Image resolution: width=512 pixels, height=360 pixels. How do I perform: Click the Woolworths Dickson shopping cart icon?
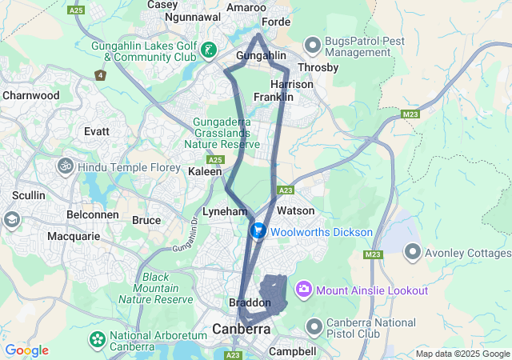(x=258, y=231)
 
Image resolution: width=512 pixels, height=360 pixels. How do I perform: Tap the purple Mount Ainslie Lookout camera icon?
(x=304, y=289)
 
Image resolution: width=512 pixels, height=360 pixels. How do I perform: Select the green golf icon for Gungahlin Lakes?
(x=209, y=50)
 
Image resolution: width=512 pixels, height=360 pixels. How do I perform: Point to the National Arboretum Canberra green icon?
(x=98, y=340)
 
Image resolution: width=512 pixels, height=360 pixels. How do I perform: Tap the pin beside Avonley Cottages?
(x=413, y=252)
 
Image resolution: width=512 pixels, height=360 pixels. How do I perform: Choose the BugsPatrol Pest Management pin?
(x=313, y=42)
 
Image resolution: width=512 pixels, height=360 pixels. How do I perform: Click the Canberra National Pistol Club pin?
(x=313, y=327)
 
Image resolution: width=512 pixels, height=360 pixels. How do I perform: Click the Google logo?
(x=26, y=350)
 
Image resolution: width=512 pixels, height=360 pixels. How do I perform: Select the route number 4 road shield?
(x=100, y=75)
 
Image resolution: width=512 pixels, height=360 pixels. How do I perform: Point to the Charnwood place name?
(x=31, y=95)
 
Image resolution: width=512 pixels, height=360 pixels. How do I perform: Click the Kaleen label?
(x=204, y=172)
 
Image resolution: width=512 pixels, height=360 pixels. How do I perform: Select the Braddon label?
(x=250, y=303)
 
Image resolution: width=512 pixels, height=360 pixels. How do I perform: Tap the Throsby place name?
(x=318, y=68)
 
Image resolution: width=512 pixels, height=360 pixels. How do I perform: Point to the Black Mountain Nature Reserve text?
(x=156, y=288)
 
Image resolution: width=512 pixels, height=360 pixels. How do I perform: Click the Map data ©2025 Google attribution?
(x=462, y=354)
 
